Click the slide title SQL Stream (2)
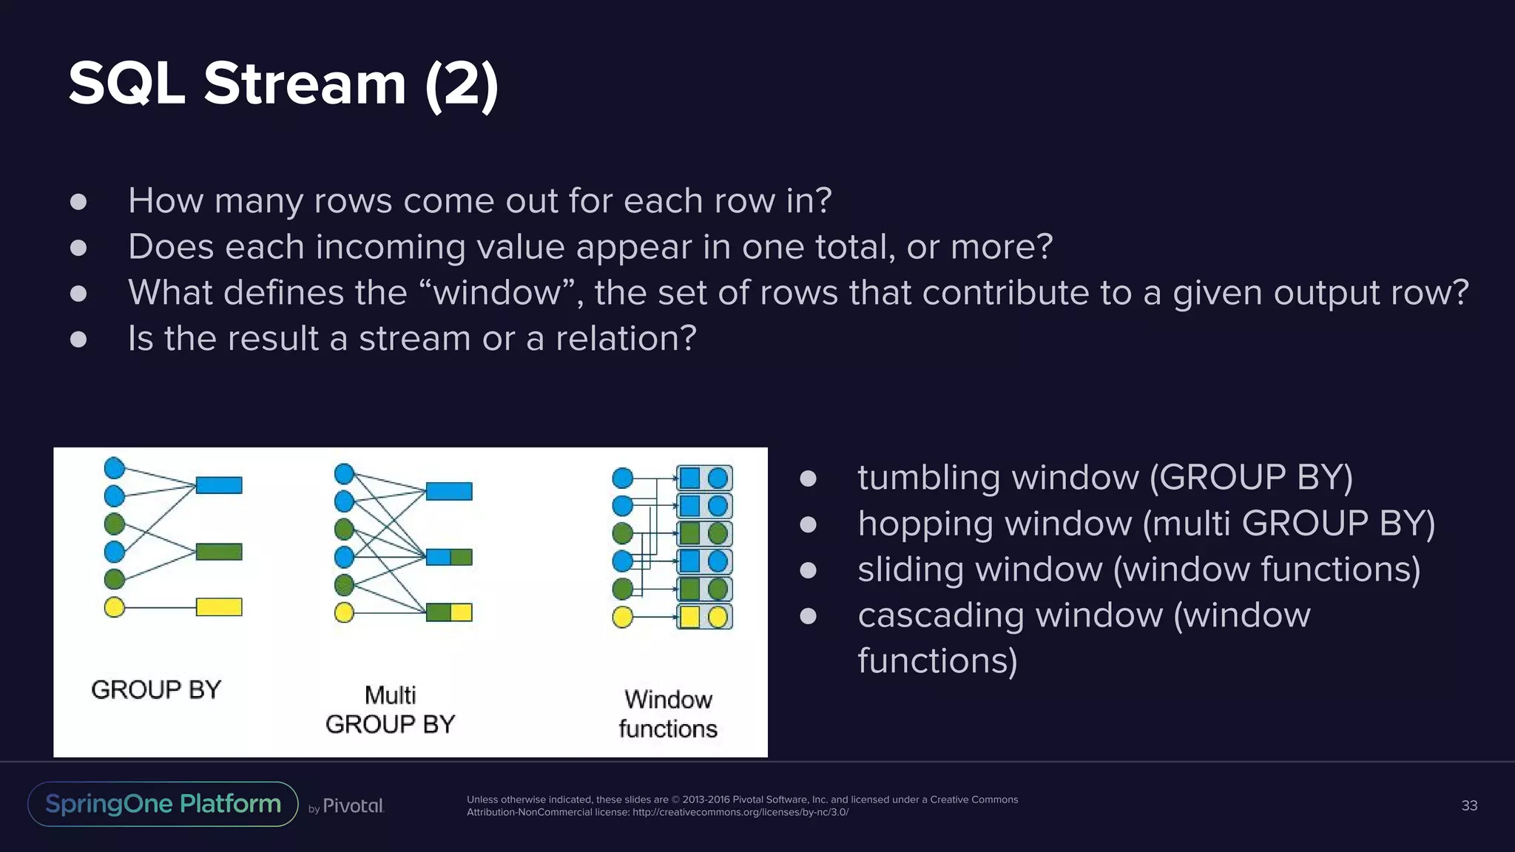point(283,84)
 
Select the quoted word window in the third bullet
point(497,293)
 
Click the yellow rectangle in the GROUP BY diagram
point(219,607)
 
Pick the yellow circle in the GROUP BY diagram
point(115,607)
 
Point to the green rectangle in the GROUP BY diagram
point(219,552)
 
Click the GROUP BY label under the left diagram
point(156,689)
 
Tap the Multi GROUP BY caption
point(390,709)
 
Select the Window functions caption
point(668,714)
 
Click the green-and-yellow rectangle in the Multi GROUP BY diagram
point(449,612)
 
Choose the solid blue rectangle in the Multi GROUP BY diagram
point(449,491)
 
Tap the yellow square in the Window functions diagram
point(689,617)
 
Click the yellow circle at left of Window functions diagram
point(623,617)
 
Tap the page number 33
point(1469,805)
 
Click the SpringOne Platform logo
point(163,804)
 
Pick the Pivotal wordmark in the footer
point(353,806)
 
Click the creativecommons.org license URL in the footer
point(740,812)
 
